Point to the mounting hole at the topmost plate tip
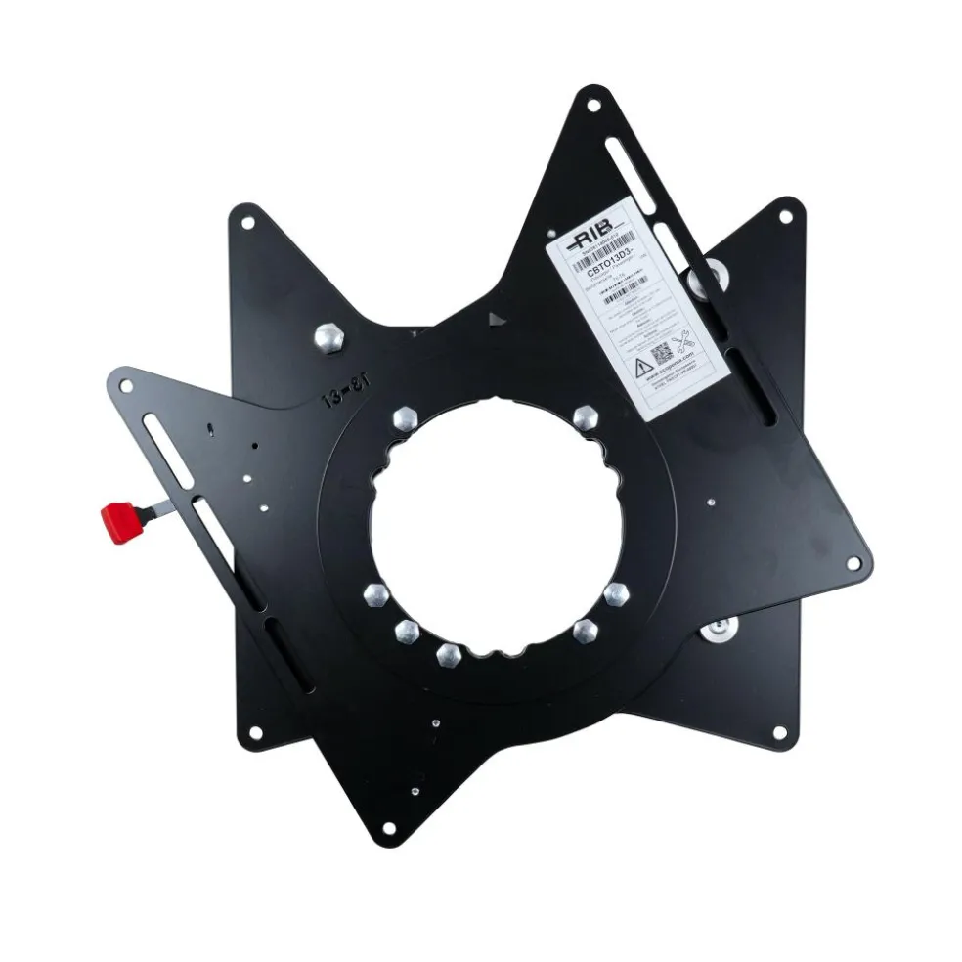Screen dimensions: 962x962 point(590,99)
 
